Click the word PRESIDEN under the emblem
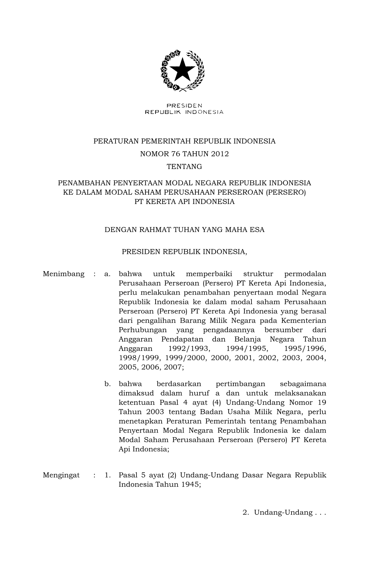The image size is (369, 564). pos(184,106)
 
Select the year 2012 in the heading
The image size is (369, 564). pos(220,154)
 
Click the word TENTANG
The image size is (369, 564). pos(184,167)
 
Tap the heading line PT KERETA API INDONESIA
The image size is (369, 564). pos(184,202)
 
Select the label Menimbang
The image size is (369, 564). pos(64,274)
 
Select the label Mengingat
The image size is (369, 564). pos(61,475)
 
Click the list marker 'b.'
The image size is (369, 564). pos(107,384)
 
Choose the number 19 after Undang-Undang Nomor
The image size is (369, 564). pos(322,403)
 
